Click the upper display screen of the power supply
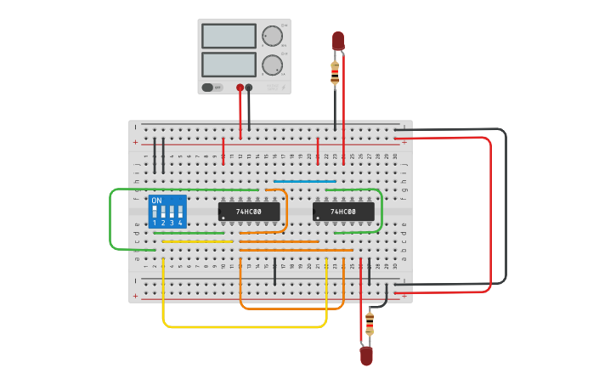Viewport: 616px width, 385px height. click(229, 36)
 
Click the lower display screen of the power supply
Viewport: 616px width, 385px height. click(229, 65)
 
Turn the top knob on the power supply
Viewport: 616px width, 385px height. click(271, 36)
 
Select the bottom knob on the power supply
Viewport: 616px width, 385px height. click(271, 65)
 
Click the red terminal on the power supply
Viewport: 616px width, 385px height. click(240, 88)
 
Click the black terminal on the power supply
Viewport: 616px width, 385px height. click(249, 88)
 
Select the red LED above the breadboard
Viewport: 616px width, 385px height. click(337, 40)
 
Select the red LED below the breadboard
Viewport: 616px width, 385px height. click(366, 356)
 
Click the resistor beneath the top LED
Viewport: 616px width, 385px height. click(335, 73)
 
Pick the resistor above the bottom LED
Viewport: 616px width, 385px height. click(369, 324)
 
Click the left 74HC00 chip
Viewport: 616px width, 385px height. click(249, 211)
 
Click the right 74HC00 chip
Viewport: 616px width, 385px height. click(343, 211)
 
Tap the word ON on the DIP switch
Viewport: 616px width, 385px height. click(156, 201)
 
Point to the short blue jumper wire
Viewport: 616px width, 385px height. click(304, 181)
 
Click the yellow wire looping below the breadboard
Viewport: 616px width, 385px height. click(245, 326)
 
